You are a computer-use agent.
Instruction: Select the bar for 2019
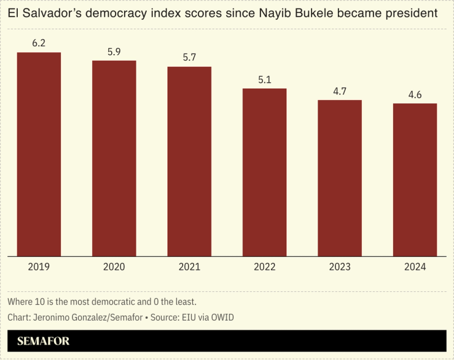pyautogui.click(x=39, y=154)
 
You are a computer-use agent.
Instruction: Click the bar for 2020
pyautogui.click(x=114, y=158)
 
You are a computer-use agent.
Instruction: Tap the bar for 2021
pyautogui.click(x=189, y=161)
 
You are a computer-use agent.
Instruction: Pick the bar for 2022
pyautogui.click(x=264, y=172)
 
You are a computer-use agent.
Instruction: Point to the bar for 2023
pyautogui.click(x=340, y=178)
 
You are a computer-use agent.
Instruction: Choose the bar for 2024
pyautogui.click(x=415, y=179)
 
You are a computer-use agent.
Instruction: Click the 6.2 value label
pyautogui.click(x=39, y=44)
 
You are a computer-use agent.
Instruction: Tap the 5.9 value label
pyautogui.click(x=114, y=52)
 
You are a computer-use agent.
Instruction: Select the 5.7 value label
pyautogui.click(x=189, y=58)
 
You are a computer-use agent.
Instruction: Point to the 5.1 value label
pyautogui.click(x=264, y=80)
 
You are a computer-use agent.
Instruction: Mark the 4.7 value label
pyautogui.click(x=340, y=92)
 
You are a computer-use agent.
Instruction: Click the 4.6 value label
pyautogui.click(x=415, y=95)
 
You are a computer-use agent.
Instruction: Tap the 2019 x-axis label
pyautogui.click(x=39, y=267)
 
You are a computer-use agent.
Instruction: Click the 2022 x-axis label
pyautogui.click(x=264, y=267)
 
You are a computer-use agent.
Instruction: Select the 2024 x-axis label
pyautogui.click(x=415, y=267)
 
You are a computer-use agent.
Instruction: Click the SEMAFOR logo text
pyautogui.click(x=43, y=341)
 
